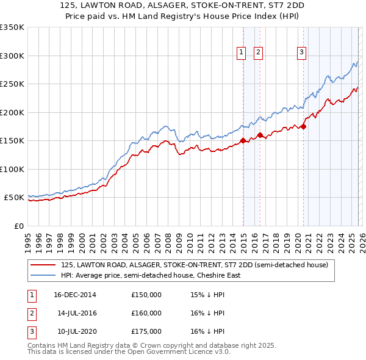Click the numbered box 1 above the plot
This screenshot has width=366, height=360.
[x=242, y=53]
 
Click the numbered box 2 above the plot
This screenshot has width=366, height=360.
[x=259, y=53]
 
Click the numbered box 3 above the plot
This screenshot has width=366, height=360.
[x=301, y=53]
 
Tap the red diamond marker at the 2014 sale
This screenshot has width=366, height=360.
[x=243, y=140]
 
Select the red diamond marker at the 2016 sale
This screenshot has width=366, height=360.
[x=260, y=135]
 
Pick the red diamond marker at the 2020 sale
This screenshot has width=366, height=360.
[x=303, y=127]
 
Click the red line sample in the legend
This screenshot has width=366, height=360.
[x=43, y=265]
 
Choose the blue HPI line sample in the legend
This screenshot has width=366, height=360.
[x=43, y=275]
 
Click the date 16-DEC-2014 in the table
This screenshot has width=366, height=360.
[x=74, y=295]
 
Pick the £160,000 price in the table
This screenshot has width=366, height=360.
[x=146, y=313]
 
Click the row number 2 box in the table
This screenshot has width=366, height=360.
[x=30, y=313]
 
